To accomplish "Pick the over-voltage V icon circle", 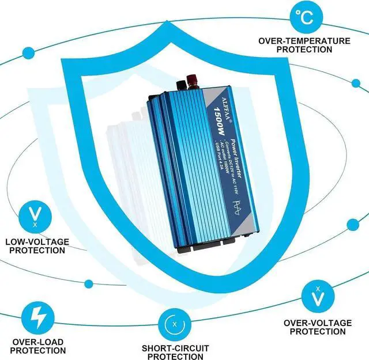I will pyautogui.click(x=318, y=295).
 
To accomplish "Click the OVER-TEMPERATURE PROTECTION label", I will pyautogui.click(x=304, y=45).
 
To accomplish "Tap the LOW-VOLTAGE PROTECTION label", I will pyautogui.click(x=37, y=245).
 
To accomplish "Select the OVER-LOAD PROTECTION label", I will pyautogui.click(x=38, y=345).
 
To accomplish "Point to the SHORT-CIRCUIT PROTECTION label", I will pyautogui.click(x=176, y=353).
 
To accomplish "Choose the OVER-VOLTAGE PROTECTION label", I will pyautogui.click(x=318, y=327).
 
